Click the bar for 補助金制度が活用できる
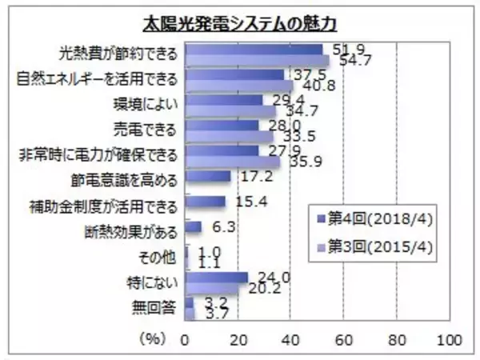[205, 201]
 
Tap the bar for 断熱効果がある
[193, 227]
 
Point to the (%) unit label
[152, 339]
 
